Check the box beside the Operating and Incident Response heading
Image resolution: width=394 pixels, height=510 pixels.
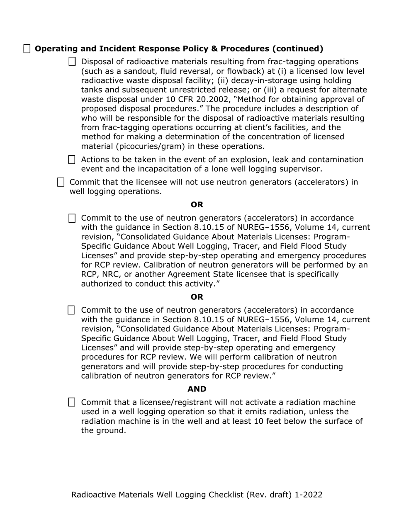coord(27,49)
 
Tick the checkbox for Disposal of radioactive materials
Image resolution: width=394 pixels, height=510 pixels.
coord(72,62)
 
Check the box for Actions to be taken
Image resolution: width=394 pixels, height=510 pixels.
coord(72,160)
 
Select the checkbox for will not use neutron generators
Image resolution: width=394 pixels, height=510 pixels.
coord(61,182)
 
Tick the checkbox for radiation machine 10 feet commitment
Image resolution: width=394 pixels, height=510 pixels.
coord(72,402)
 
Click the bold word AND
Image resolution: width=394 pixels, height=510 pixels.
coord(197,389)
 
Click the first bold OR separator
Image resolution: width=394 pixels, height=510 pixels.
coord(197,205)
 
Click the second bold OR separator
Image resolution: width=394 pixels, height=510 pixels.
coord(197,297)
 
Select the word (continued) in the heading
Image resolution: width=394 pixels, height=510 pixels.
coord(298,49)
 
